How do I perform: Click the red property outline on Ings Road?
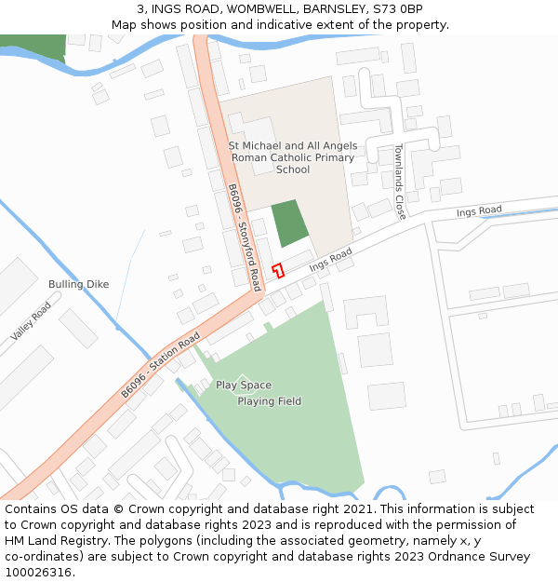(x=277, y=270)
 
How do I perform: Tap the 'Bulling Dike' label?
(x=79, y=284)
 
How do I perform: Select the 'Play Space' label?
(x=244, y=385)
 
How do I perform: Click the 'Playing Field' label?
(x=269, y=401)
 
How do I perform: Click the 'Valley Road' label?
(x=32, y=321)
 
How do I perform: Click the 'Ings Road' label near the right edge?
(x=479, y=211)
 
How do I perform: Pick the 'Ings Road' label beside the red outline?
(x=331, y=260)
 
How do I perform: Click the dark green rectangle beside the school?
(x=289, y=223)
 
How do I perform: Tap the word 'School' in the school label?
(x=293, y=169)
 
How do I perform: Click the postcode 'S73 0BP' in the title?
(x=398, y=9)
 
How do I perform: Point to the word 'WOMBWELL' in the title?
(x=249, y=9)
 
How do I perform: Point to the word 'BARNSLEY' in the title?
(x=325, y=9)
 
